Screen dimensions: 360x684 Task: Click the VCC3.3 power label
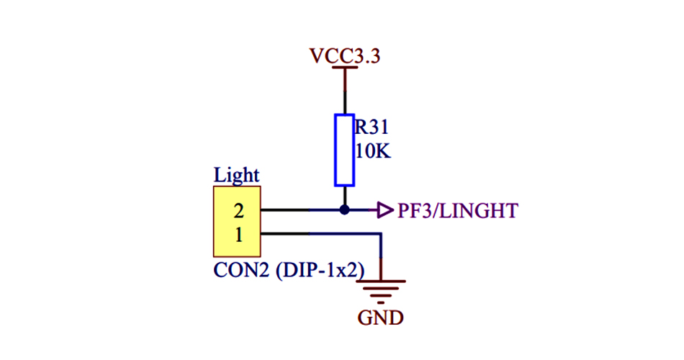click(x=344, y=55)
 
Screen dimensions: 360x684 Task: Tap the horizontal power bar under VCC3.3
click(x=344, y=68)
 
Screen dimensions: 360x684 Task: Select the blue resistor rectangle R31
click(x=344, y=150)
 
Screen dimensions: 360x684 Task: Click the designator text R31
click(x=372, y=128)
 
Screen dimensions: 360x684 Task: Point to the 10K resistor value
click(x=373, y=152)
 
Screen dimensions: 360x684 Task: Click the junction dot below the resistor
click(x=344, y=210)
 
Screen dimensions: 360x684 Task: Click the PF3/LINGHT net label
click(x=457, y=211)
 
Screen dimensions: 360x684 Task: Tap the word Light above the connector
click(x=236, y=175)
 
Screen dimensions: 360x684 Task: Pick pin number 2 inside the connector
click(x=238, y=211)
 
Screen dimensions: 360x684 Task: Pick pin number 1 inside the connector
click(x=238, y=233)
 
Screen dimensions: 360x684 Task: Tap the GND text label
click(x=380, y=318)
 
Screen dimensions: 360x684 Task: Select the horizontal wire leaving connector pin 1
click(x=317, y=233)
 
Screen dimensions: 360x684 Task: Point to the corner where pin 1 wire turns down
click(x=381, y=233)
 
